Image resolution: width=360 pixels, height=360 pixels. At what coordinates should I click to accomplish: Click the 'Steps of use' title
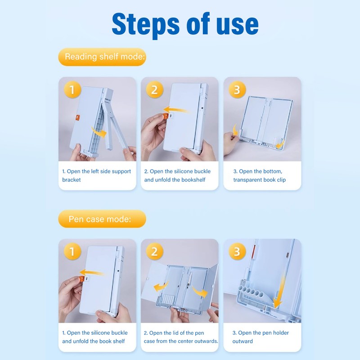point(185,25)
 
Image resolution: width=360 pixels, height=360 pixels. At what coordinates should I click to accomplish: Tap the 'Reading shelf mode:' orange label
point(102,57)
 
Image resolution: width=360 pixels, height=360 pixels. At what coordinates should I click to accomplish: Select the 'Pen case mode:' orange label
point(102,219)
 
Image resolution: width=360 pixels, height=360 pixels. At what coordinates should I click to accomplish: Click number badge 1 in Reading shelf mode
point(72,90)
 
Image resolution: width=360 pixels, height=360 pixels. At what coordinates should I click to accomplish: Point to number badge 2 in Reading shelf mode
point(154,90)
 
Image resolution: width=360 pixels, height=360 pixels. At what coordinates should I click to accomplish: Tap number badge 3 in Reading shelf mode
point(237,90)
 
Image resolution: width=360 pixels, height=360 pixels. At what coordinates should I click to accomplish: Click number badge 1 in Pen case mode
point(72,252)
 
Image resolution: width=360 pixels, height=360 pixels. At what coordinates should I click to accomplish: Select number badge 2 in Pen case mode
point(154,252)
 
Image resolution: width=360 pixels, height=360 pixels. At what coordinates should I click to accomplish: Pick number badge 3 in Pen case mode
point(237,252)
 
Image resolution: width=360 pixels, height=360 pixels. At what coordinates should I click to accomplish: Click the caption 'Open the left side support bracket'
point(96,175)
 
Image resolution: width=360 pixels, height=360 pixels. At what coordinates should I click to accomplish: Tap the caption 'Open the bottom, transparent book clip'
point(260,175)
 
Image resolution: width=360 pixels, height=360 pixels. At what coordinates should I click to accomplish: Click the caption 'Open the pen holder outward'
point(261,337)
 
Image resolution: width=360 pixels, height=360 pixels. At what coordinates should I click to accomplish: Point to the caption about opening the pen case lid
point(181,337)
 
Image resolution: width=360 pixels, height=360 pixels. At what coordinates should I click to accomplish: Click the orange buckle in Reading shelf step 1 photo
point(77,117)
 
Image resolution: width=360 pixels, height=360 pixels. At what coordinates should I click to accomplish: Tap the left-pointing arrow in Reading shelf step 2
point(175,110)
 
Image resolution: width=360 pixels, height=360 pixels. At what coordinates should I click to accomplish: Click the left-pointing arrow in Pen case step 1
point(92,273)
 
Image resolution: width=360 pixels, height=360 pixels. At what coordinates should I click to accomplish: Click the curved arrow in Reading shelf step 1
point(99,132)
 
